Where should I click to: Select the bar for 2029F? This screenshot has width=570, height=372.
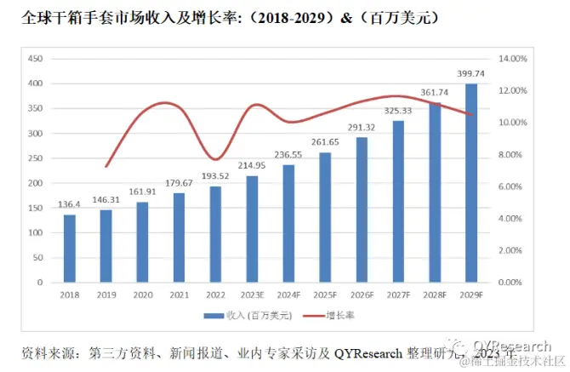coord(470,182)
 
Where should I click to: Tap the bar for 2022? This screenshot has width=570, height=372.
coord(215,234)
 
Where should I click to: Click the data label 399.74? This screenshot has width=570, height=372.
coord(470,74)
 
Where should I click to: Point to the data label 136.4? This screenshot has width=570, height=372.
coord(69,205)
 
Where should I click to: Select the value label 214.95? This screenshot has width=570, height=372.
coord(252,166)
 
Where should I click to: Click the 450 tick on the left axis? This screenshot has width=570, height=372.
coord(35,59)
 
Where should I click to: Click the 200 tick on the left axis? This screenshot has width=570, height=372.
coord(35,183)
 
